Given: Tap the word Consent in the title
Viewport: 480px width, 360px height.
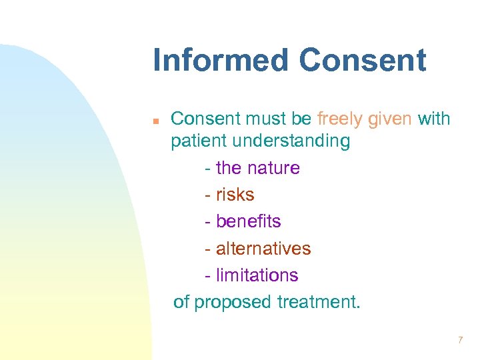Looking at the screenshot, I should (362, 60).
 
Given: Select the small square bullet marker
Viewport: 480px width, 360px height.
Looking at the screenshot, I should (155, 121).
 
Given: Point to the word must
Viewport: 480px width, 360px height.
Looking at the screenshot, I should (268, 119).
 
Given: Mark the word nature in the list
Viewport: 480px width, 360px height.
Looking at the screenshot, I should (274, 168).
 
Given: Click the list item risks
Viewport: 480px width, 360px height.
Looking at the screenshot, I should (235, 195).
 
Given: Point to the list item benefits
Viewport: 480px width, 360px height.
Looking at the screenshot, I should (248, 221).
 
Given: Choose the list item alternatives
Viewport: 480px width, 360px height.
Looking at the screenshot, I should (263, 249).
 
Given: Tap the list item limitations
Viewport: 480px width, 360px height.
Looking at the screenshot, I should (257, 275).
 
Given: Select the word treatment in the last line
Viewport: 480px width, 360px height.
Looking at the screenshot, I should (318, 302).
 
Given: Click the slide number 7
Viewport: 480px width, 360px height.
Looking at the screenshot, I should (460, 341).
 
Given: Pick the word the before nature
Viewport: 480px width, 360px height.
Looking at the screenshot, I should (229, 168).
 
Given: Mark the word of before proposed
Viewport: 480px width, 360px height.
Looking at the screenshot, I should (181, 302).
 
